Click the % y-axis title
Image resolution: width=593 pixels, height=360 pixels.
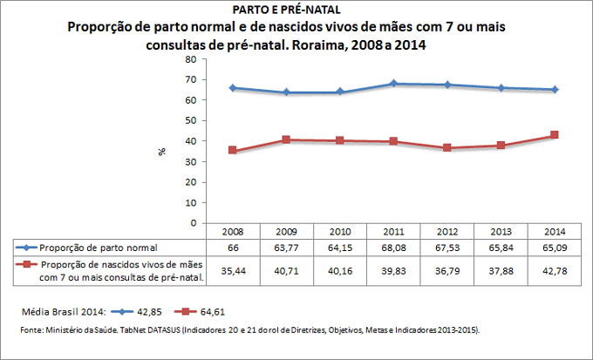162,151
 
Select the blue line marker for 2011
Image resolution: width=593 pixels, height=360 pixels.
394,84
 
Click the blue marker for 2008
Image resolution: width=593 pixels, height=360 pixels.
233,88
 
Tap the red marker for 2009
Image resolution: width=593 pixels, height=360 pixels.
287,139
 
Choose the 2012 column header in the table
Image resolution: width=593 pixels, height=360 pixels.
448,233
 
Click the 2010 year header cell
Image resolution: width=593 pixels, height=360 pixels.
340,233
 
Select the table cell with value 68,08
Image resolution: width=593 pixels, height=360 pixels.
394,248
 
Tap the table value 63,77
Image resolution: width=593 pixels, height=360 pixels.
287,248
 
